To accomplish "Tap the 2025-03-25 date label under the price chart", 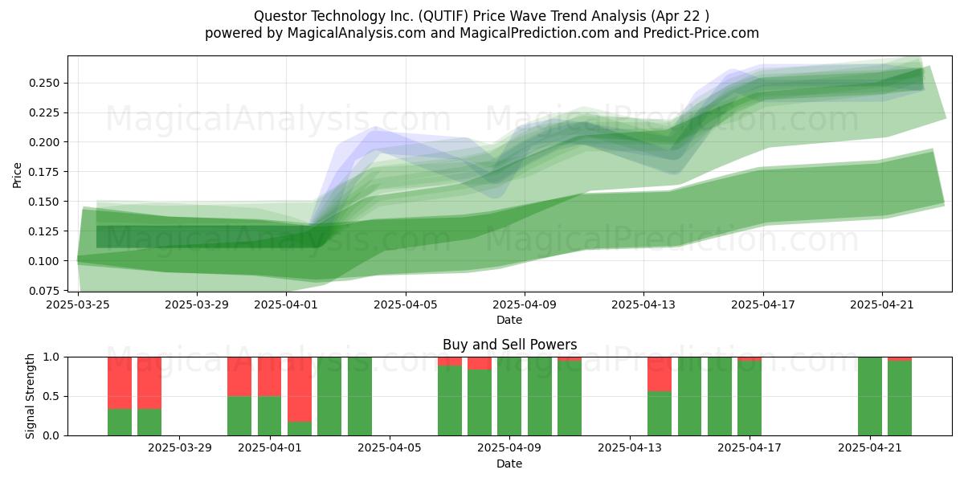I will pyautogui.click(x=79, y=305).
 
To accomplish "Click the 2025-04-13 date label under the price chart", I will pyautogui.click(x=643, y=305).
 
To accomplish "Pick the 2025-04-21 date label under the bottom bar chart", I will pyautogui.click(x=870, y=448).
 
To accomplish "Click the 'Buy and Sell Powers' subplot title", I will pyautogui.click(x=509, y=345).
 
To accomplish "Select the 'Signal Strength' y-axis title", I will pyautogui.click(x=31, y=396).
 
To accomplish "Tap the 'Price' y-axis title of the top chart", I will pyautogui.click(x=18, y=174).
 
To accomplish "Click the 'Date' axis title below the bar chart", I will pyautogui.click(x=509, y=464).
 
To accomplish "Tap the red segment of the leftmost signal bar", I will pyautogui.click(x=120, y=382).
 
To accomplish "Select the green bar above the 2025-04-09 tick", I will pyautogui.click(x=509, y=396).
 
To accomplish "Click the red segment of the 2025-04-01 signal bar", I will pyautogui.click(x=269, y=376).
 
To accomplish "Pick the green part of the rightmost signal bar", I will pyautogui.click(x=900, y=398).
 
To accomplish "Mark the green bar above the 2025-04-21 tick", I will pyautogui.click(x=870, y=396).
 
